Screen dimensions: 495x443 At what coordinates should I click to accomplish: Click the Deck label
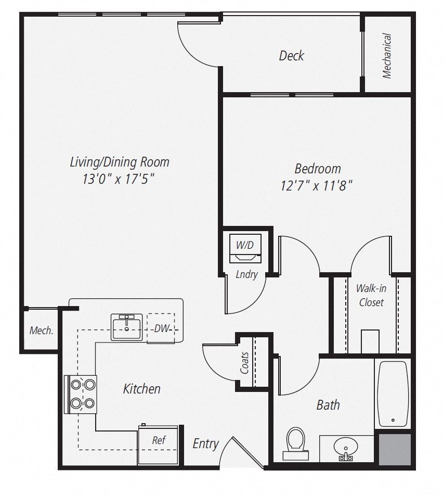(291, 56)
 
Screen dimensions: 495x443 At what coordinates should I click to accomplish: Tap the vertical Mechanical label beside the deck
(387, 56)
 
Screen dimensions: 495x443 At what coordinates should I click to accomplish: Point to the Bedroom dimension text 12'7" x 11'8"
(317, 185)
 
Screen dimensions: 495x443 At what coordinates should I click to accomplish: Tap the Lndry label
(246, 274)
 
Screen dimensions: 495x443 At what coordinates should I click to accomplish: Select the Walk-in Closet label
(371, 295)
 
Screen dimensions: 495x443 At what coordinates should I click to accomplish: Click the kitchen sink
(126, 327)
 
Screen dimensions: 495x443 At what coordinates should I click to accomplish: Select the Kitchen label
(141, 388)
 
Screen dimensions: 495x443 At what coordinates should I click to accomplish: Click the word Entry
(205, 443)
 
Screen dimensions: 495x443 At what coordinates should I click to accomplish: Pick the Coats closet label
(245, 363)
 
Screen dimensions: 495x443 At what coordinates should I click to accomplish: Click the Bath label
(328, 404)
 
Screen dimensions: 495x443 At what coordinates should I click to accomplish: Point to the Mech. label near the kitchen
(41, 330)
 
